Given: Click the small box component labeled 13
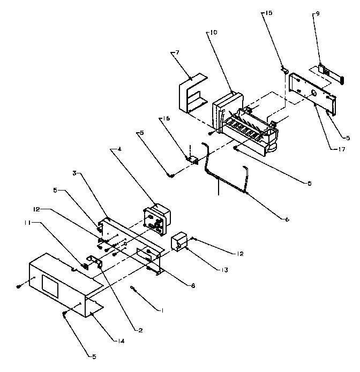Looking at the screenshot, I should [179, 242].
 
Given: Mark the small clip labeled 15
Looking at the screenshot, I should [284, 70].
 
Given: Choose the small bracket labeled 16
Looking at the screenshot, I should [191, 157].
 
